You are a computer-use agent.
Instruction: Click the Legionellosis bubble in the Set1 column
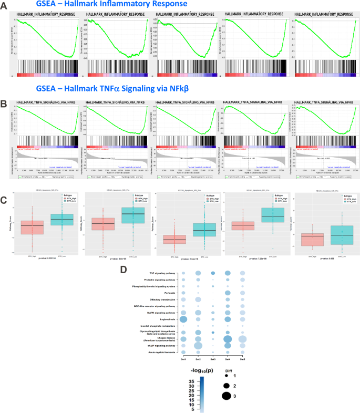(x=183, y=319)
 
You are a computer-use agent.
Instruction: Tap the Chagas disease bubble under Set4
(x=228, y=339)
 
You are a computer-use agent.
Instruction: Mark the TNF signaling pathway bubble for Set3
(x=213, y=273)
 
